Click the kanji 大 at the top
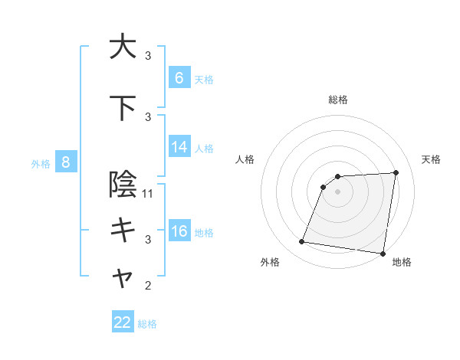pos(123,47)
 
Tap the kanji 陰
pos(123,185)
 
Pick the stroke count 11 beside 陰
pos(149,194)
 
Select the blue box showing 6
pos(179,78)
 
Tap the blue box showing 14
pos(179,147)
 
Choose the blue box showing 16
pos(179,231)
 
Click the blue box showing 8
pos(66,162)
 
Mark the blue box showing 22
pos(123,322)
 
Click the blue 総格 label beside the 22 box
pos(147,324)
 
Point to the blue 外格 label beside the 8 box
pos(41,163)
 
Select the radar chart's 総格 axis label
pos(337,100)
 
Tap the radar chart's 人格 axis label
pos(245,159)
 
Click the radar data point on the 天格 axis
pos(396,172)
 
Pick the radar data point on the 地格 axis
pos(383,254)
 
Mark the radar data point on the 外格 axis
pos(302,242)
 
